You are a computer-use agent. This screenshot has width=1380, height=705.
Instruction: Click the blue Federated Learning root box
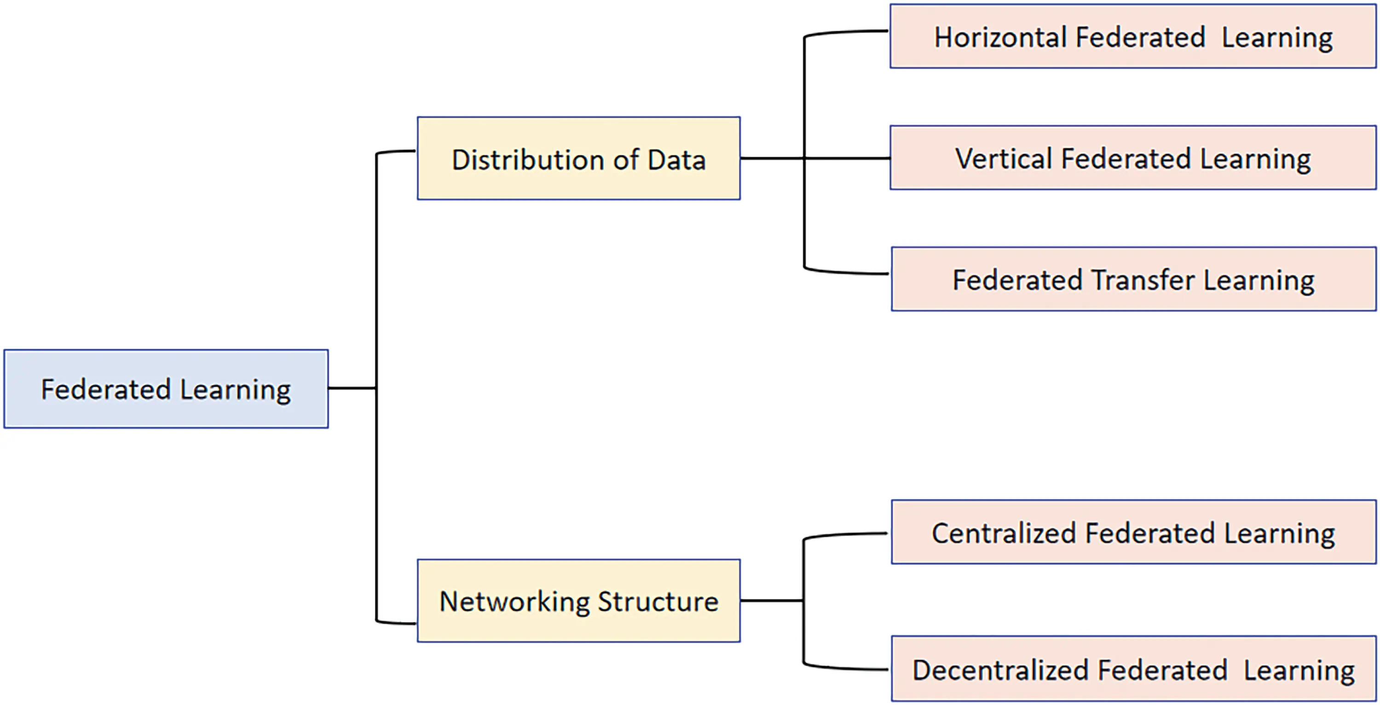pos(166,389)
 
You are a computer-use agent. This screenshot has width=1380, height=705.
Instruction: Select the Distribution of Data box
pos(578,159)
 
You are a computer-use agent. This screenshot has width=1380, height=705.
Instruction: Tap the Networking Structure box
pos(578,601)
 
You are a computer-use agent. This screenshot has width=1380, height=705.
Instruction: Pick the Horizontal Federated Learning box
pos(1132,36)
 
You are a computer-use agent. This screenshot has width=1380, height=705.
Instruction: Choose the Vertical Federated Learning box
pos(1132,158)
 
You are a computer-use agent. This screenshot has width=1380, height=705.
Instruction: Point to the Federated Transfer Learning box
pos(1132,279)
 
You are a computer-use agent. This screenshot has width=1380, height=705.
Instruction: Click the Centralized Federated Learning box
pos(1132,532)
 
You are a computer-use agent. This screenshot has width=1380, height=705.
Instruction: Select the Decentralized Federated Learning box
pos(1132,669)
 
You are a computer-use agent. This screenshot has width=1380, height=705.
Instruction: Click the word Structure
pos(658,601)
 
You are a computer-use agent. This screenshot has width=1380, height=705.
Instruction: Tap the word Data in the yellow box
pos(676,160)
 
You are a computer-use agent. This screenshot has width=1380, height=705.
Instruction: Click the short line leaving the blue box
pos(352,388)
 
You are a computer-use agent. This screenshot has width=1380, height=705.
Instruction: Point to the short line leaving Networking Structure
pos(771,601)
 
